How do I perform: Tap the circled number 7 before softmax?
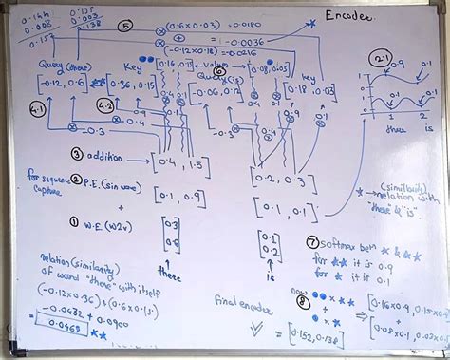pyautogui.click(x=313, y=242)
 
